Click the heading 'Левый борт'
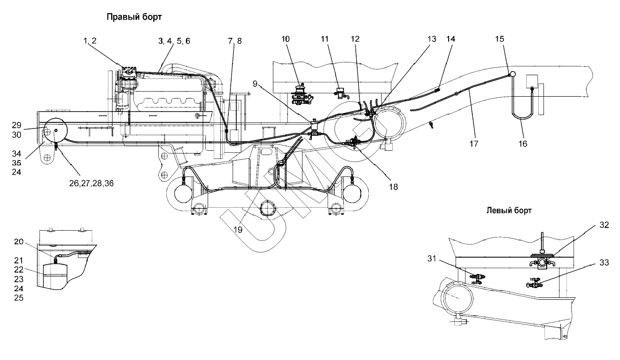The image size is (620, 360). (509, 211)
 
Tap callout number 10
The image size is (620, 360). (286, 40)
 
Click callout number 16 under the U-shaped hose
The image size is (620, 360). (522, 144)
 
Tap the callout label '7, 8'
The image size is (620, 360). (235, 41)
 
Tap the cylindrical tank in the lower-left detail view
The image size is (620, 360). (55, 276)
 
